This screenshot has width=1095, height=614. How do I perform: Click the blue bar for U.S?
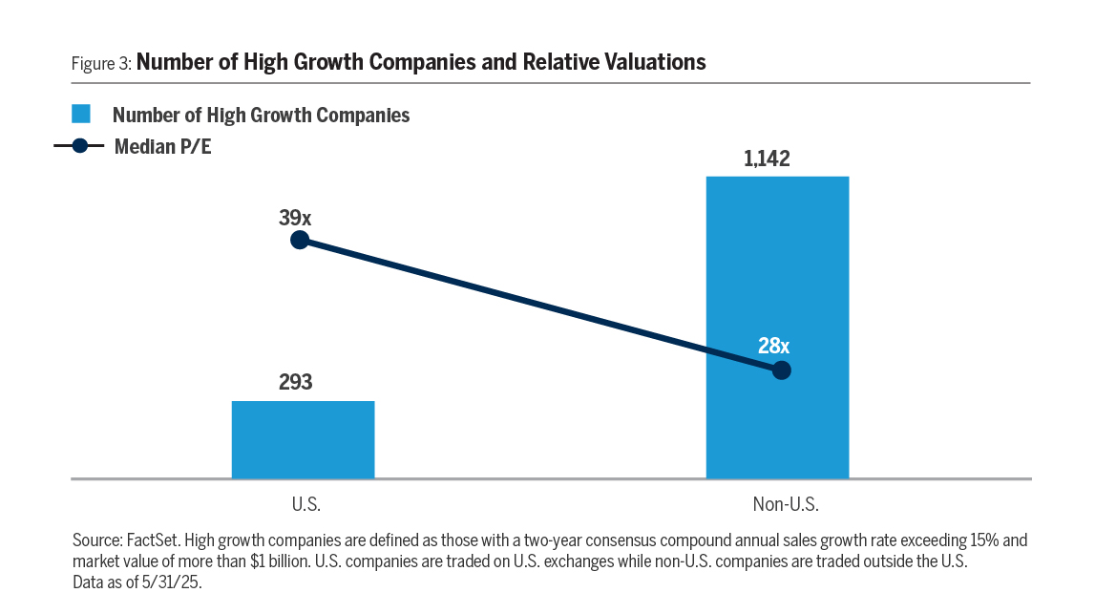point(303,439)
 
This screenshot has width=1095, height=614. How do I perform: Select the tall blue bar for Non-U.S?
point(777,286)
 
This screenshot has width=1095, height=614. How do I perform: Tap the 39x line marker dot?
point(299,240)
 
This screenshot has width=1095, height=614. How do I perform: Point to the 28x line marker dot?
point(781,371)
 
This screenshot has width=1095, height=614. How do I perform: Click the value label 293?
point(296,383)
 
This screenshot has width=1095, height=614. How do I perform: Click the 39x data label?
point(295,218)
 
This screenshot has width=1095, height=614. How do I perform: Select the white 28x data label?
point(773,346)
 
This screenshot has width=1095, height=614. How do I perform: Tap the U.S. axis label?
point(305,503)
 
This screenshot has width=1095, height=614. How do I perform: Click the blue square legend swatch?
point(81,115)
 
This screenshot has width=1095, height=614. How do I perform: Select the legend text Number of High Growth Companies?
point(261,116)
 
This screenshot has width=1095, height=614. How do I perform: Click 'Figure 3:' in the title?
point(101,64)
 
